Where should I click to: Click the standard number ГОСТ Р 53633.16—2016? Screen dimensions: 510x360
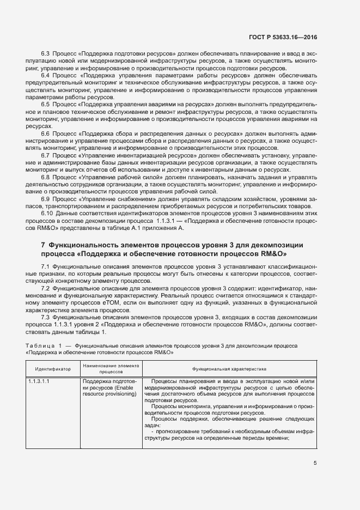coord(287,38)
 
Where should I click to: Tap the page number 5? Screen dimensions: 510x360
coord(315,464)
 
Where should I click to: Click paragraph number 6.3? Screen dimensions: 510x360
coord(46,56)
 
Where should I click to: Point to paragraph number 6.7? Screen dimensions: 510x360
coord(46,155)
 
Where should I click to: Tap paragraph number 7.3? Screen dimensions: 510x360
coord(46,317)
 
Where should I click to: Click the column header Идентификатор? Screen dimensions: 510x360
coord(53,369)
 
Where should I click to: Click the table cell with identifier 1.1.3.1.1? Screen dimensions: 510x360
coord(39,381)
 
